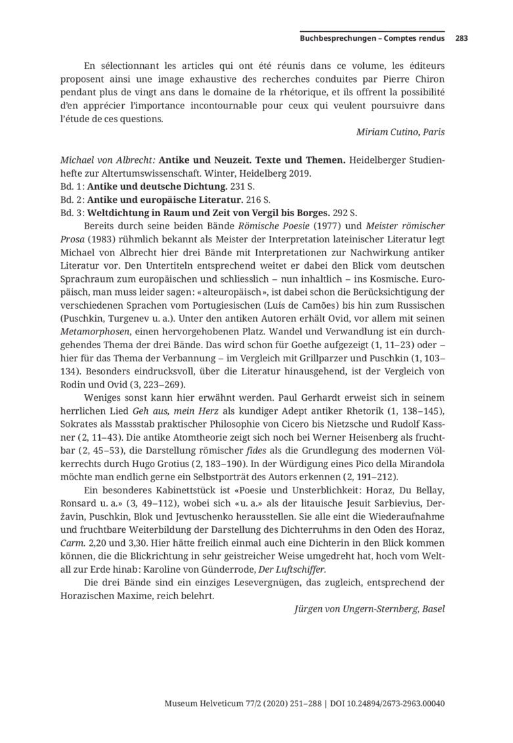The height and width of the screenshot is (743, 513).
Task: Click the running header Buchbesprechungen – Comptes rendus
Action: [372, 38]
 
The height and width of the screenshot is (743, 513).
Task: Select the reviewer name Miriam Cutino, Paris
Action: [400, 131]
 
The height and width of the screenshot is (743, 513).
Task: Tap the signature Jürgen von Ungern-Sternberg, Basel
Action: [369, 609]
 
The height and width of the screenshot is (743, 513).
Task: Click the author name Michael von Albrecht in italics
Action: [108, 160]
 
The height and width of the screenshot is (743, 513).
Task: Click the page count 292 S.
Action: [344, 213]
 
